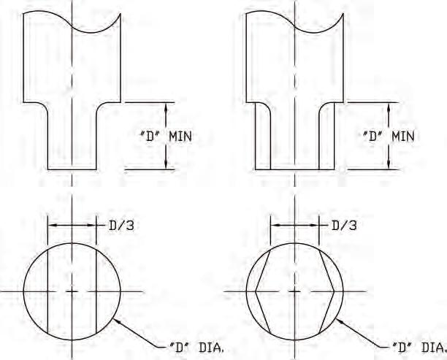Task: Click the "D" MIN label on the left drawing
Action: point(166,137)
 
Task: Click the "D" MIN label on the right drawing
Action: point(389,137)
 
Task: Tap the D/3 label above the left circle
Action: point(121,226)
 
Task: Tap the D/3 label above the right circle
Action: point(344,226)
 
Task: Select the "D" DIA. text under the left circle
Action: point(196,348)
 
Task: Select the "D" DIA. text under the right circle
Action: point(419,348)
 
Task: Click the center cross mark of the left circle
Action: point(72,291)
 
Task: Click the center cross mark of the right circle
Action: point(295,291)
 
